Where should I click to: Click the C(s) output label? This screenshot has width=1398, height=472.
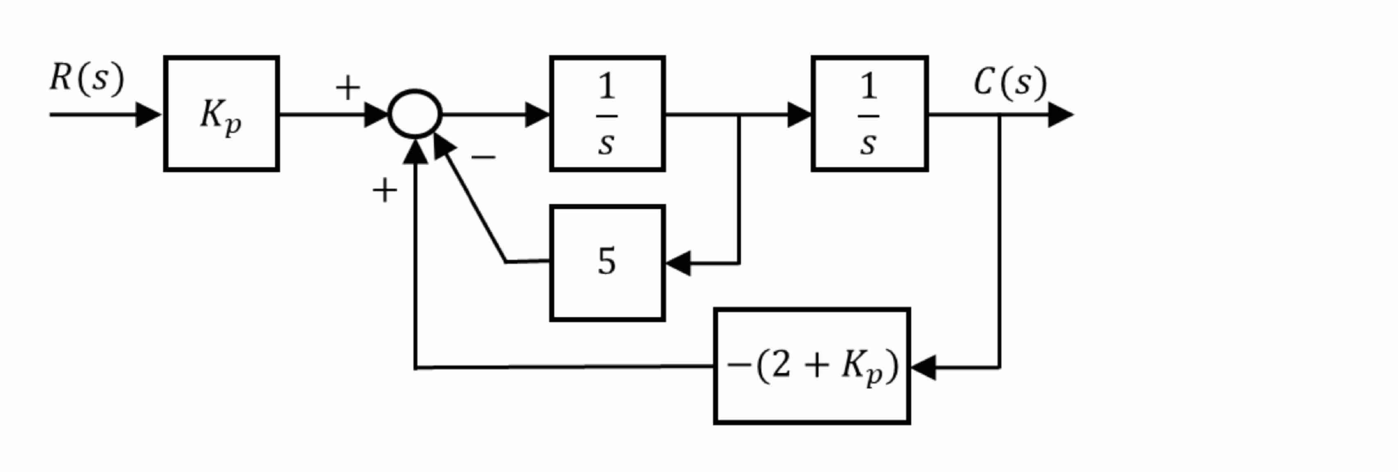(1010, 83)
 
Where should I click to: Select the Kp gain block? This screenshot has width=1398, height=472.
(221, 114)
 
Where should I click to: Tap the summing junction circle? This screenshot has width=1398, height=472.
(415, 114)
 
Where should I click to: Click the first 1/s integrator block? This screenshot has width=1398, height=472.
(607, 114)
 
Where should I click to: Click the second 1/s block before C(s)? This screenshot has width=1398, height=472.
(870, 114)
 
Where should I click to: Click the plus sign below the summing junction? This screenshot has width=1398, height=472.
(385, 191)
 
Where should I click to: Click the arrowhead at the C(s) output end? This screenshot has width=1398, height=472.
(1060, 115)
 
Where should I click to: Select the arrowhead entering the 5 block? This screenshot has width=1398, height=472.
(678, 263)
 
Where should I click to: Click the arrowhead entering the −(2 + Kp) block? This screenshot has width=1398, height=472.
(923, 368)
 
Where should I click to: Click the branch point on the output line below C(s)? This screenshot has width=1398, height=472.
(1000, 115)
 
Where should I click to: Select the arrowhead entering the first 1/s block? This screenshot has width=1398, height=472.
(537, 115)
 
